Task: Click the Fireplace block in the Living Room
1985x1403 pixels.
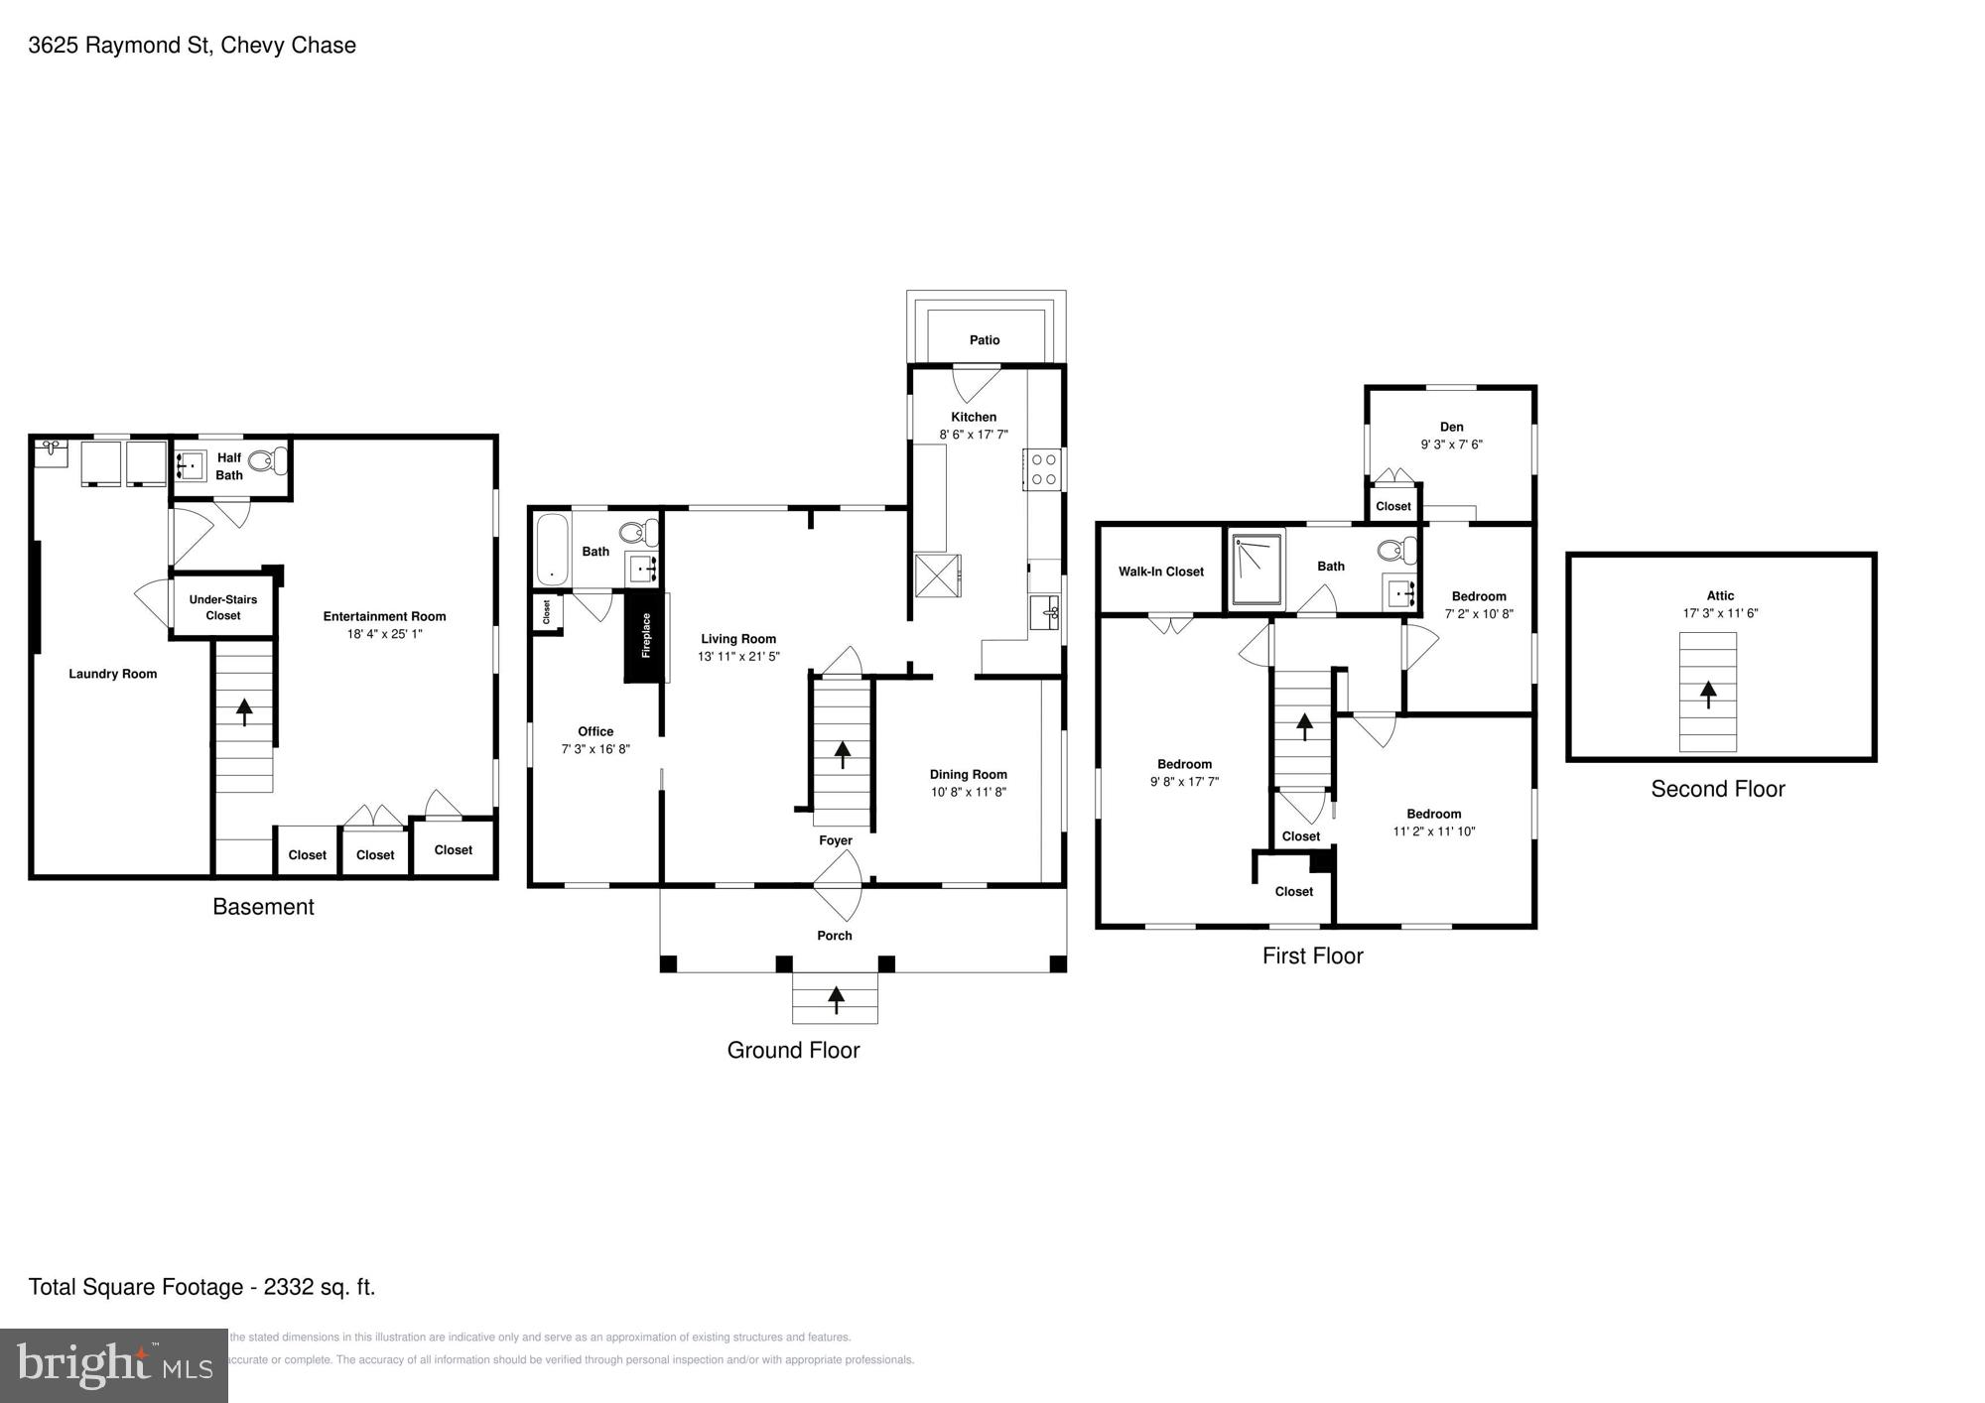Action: click(x=644, y=635)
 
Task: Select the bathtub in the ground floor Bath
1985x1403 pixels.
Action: click(x=552, y=549)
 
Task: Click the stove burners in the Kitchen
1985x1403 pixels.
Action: click(x=1043, y=469)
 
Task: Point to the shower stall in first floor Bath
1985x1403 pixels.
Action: click(x=1257, y=571)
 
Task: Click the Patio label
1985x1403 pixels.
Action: click(x=985, y=340)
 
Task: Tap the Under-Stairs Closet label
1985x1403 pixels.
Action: click(x=223, y=607)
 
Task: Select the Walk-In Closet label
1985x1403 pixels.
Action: click(x=1160, y=572)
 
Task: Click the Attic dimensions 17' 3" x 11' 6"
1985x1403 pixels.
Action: click(x=1720, y=613)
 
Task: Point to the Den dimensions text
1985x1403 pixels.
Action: click(x=1451, y=445)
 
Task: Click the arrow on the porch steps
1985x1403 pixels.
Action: click(x=836, y=998)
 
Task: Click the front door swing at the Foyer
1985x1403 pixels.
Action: click(x=840, y=885)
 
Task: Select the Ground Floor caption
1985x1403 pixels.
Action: click(x=793, y=1050)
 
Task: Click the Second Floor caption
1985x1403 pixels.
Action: click(x=1717, y=789)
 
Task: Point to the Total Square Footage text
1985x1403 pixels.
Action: click(x=201, y=1287)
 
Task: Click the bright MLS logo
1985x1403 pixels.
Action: click(x=114, y=1365)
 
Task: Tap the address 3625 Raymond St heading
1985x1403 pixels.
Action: click(x=192, y=46)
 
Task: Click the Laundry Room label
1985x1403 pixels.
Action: click(x=112, y=674)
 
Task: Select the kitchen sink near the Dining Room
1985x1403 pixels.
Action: click(x=1044, y=612)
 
